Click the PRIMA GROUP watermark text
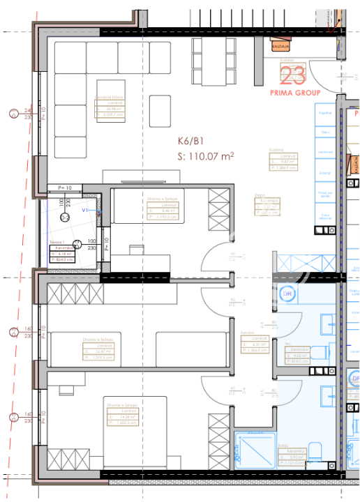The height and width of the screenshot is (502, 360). click(295, 92)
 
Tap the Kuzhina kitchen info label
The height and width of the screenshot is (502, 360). click(283, 160)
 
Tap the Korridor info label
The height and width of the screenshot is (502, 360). click(253, 342)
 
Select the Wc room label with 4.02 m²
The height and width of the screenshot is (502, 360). click(298, 352)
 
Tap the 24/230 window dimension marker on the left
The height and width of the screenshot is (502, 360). click(29, 114)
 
